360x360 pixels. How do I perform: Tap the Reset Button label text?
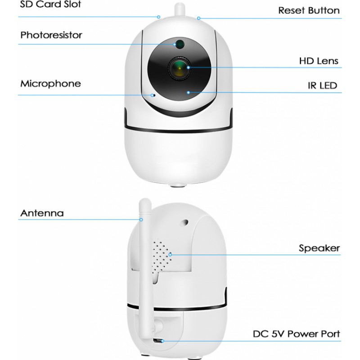[309, 10]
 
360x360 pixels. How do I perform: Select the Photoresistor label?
[51, 35]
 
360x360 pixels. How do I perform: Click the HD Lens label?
[318, 61]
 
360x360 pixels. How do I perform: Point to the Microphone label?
[50, 84]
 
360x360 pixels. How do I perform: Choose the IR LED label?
[322, 85]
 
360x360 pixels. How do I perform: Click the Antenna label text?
[42, 213]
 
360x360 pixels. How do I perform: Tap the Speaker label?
[319, 248]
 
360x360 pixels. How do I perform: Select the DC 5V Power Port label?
[296, 334]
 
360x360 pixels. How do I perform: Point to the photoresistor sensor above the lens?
[180, 44]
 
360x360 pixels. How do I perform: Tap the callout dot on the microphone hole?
[153, 95]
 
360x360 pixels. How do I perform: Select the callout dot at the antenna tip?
[141, 220]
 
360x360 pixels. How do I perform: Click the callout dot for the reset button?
[198, 18]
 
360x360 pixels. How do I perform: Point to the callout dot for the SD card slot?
[159, 17]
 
